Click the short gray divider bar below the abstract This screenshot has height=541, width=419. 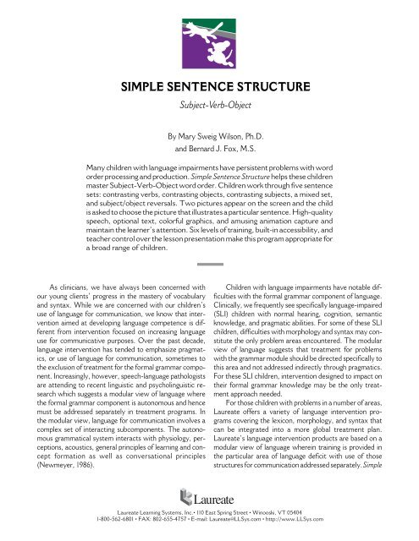(209, 265)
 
